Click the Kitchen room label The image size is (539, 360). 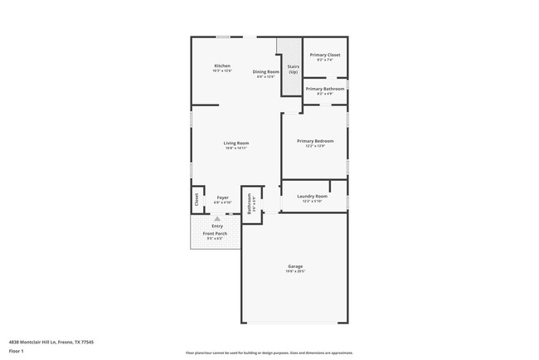coord(221,66)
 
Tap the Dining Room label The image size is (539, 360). coord(265,71)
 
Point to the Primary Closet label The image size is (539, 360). coord(324,55)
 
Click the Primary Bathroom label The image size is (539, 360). coord(324,89)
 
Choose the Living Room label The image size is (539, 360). coord(236,143)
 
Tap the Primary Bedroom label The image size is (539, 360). coord(314,141)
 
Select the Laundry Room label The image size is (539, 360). coord(313,196)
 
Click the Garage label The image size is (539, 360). coord(294,266)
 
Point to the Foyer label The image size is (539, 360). coord(222,197)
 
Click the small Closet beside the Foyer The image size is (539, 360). coord(197,199)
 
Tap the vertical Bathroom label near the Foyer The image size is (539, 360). coord(250,204)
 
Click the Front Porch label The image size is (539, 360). coord(216,234)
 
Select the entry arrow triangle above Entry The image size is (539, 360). coord(217,219)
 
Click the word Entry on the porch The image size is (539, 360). coord(217,226)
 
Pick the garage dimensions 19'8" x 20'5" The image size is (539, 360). coord(294,271)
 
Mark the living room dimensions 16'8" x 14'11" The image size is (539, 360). coord(236,148)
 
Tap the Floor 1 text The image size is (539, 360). coord(17,351)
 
